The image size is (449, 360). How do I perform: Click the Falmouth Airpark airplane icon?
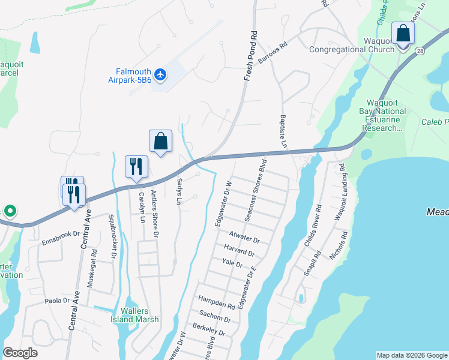pyautogui.click(x=160, y=74)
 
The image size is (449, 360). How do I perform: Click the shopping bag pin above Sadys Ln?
pyautogui.click(x=160, y=142)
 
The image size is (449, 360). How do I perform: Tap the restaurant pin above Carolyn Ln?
pyautogui.click(x=136, y=166)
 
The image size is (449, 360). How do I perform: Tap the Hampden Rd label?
pyautogui.click(x=216, y=302)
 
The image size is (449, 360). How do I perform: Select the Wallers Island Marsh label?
pyautogui.click(x=139, y=315)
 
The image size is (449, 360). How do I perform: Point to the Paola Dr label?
pyautogui.click(x=58, y=301)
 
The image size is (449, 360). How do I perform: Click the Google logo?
pyautogui.click(x=20, y=353)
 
